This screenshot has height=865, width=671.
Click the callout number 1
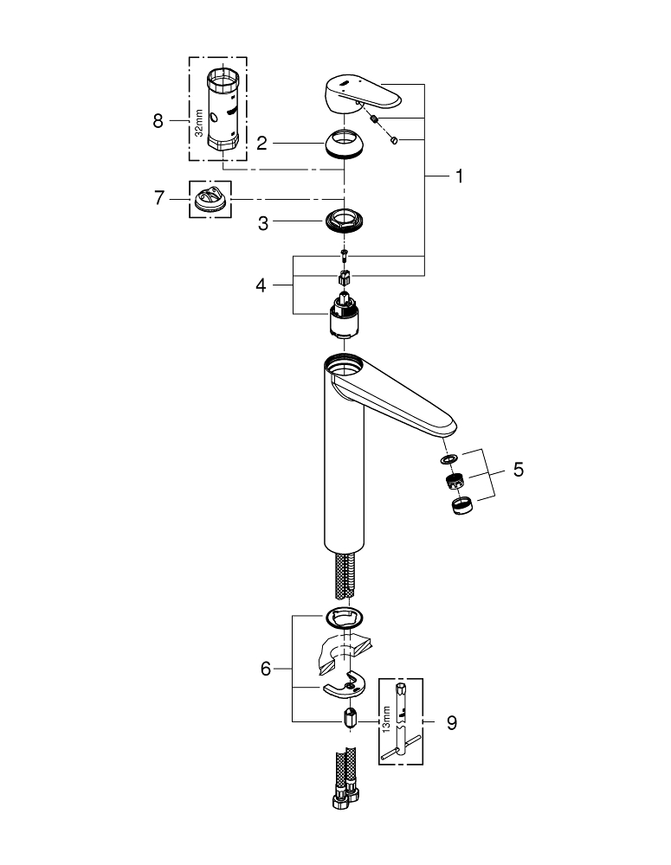[460, 176]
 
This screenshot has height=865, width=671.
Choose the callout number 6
[267, 668]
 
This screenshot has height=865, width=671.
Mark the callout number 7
[158, 198]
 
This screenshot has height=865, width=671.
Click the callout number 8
[158, 121]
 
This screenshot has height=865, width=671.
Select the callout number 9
[450, 720]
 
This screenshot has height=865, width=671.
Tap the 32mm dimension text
[198, 125]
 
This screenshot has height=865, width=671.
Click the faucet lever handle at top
[356, 92]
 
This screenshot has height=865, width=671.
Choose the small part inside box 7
[210, 199]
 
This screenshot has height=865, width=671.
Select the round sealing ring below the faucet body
[344, 618]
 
